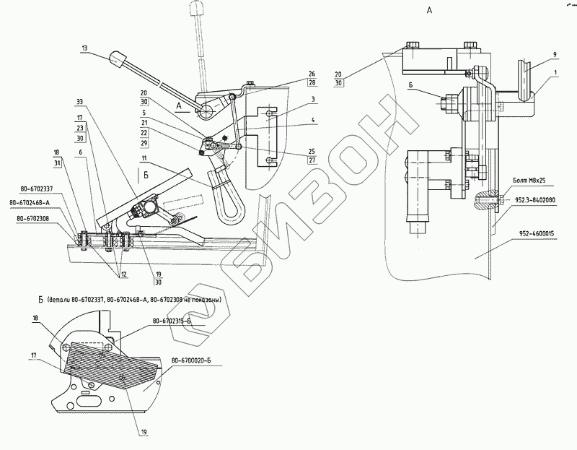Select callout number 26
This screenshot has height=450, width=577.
tap(312, 74)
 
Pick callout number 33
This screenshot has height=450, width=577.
tap(79, 101)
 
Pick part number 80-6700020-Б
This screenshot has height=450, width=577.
tap(191, 359)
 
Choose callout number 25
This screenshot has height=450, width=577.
tap(312, 152)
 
